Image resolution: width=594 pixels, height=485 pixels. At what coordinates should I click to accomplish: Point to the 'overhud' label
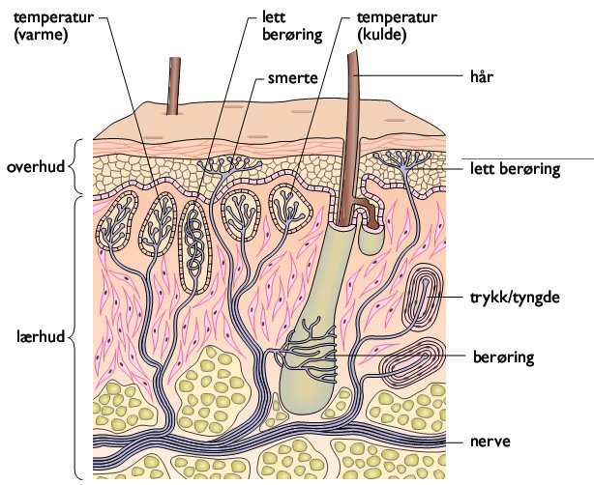pos(35,166)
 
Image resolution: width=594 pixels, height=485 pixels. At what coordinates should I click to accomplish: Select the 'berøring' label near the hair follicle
pos(501,356)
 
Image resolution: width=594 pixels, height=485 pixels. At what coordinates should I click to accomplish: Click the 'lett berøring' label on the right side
pos(515,170)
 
